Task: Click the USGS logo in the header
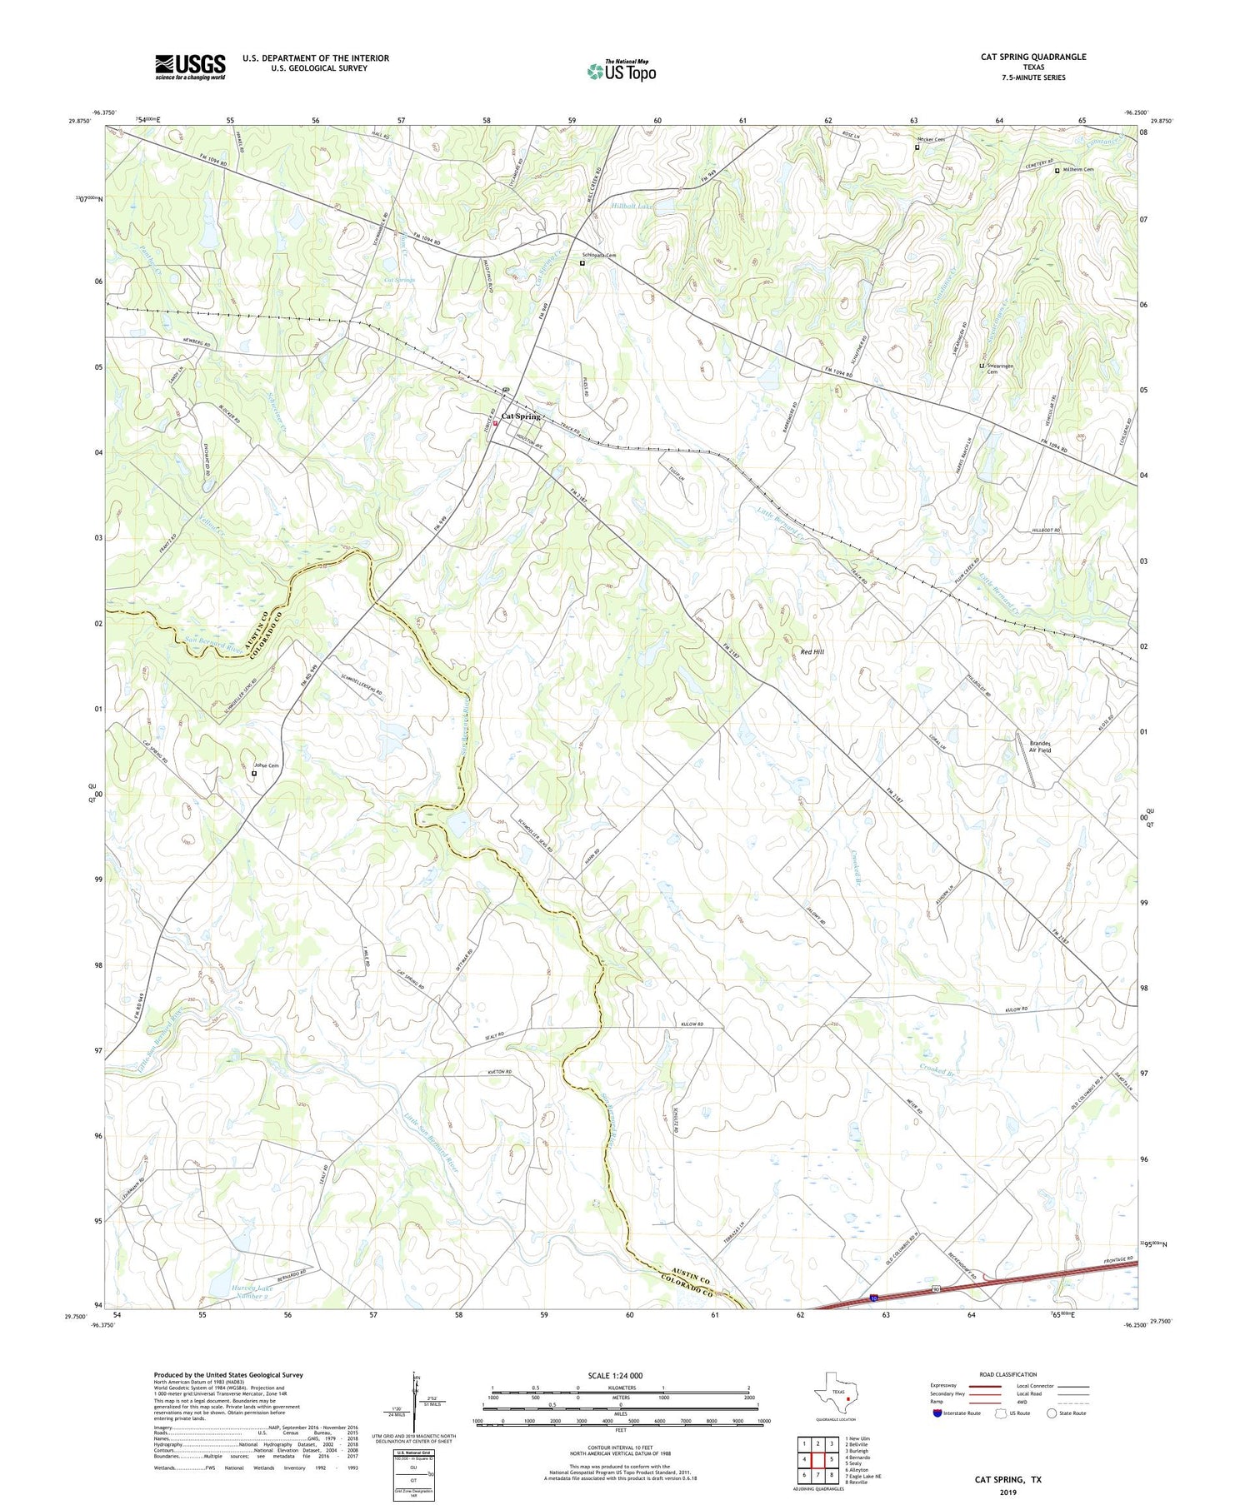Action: [190, 67]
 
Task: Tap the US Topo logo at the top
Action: [622, 71]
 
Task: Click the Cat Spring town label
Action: [521, 416]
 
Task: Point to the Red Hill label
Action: [812, 652]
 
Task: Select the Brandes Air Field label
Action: [1040, 746]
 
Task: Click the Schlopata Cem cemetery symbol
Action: [582, 264]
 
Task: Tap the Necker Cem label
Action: [931, 140]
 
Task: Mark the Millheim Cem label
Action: [1078, 170]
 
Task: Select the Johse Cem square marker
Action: [254, 774]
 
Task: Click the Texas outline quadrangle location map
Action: [834, 1393]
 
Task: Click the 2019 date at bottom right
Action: [1008, 1493]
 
